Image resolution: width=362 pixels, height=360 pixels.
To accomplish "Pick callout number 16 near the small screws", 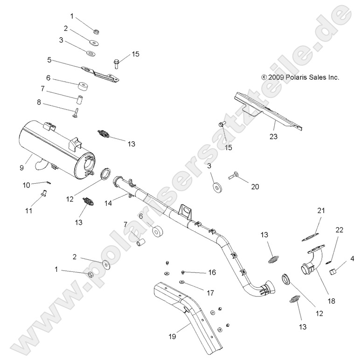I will (212, 272).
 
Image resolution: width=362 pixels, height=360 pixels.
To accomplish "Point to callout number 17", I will (210, 293).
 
